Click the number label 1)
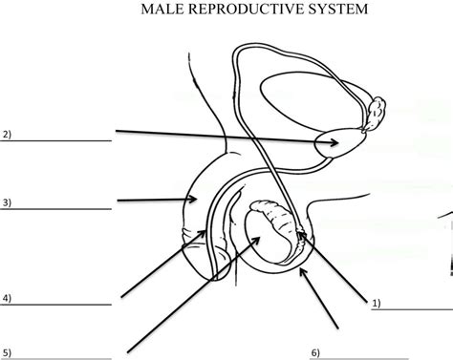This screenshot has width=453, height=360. tap(376, 303)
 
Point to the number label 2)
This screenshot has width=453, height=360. tap(7, 134)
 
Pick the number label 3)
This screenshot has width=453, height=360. tap(7, 201)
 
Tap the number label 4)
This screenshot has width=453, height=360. tap(7, 298)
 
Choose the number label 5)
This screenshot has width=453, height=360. tap(7, 350)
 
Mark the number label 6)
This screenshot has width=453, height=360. tap(314, 350)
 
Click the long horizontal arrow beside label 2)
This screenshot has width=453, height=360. tap(225, 138)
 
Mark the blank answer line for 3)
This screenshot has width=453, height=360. tap(57, 209)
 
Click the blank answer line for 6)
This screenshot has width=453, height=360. tap(382, 357)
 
